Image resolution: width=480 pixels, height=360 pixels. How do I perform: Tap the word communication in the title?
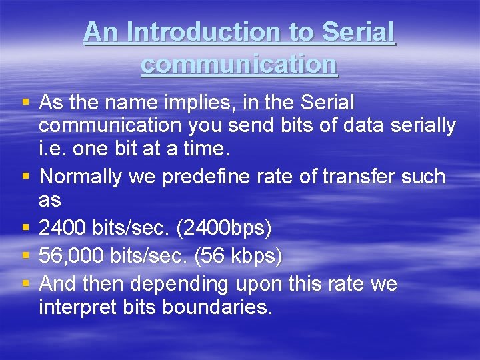coord(239,64)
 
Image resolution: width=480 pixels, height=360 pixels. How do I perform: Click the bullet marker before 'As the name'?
coord(25,103)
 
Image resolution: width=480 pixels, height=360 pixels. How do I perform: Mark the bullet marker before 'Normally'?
coord(25,177)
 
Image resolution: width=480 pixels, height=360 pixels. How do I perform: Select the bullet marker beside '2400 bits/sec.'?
coord(25,229)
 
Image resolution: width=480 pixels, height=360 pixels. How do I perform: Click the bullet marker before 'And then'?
coord(25,284)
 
